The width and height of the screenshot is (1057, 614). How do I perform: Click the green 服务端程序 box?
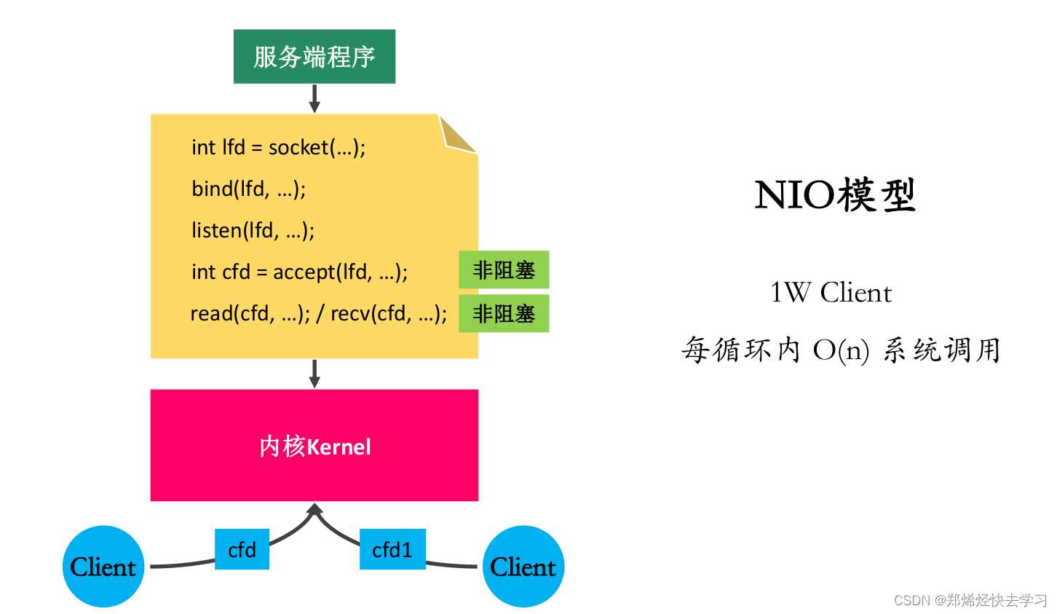(314, 57)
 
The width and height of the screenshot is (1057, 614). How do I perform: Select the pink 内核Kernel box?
(314, 445)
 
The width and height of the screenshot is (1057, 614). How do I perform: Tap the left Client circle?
(103, 566)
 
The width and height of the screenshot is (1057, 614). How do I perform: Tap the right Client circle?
(523, 566)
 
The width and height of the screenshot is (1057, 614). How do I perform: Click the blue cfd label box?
(242, 549)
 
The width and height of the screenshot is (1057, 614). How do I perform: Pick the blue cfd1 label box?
(392, 549)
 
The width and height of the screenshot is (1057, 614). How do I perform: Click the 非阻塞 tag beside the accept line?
(504, 270)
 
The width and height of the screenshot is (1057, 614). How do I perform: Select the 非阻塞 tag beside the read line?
(504, 313)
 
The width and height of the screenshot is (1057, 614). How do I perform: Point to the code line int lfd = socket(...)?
(279, 147)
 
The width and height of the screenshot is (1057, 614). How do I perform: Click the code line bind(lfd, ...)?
(249, 189)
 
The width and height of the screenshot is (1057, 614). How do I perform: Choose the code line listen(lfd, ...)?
(253, 230)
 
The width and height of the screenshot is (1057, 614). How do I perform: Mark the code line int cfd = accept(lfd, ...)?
(299, 272)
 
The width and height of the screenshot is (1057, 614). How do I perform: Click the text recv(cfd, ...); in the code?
(389, 313)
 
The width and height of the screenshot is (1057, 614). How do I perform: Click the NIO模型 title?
(834, 194)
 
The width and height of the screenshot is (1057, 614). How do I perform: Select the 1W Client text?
(831, 293)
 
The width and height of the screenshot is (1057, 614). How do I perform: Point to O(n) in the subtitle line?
(841, 350)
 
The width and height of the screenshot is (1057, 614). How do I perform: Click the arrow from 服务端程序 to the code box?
(314, 98)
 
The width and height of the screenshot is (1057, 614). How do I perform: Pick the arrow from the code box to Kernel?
(314, 374)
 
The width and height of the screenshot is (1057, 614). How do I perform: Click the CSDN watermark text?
(970, 600)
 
